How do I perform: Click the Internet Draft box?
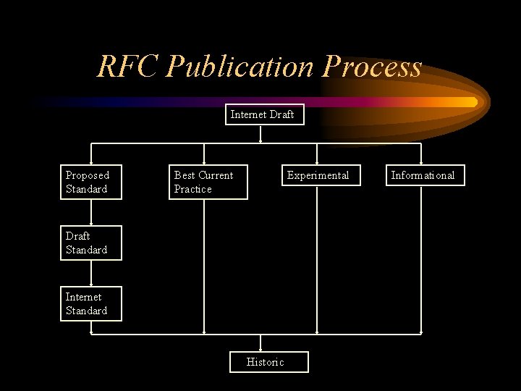262,114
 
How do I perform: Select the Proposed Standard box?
90,182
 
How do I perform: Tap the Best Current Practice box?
208,182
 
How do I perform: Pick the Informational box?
424,175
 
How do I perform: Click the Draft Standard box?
90,243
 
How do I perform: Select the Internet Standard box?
90,303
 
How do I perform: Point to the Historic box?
268,362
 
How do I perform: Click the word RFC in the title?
128,67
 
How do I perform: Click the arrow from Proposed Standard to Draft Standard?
91,212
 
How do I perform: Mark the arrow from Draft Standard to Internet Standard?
91,273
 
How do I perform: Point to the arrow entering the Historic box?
261,344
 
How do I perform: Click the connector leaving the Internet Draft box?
260,135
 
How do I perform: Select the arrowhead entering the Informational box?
421,162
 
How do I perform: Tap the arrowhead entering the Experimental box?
317,162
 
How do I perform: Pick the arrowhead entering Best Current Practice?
204,162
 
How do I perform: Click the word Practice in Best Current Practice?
192,189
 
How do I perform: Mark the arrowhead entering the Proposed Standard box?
91,162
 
